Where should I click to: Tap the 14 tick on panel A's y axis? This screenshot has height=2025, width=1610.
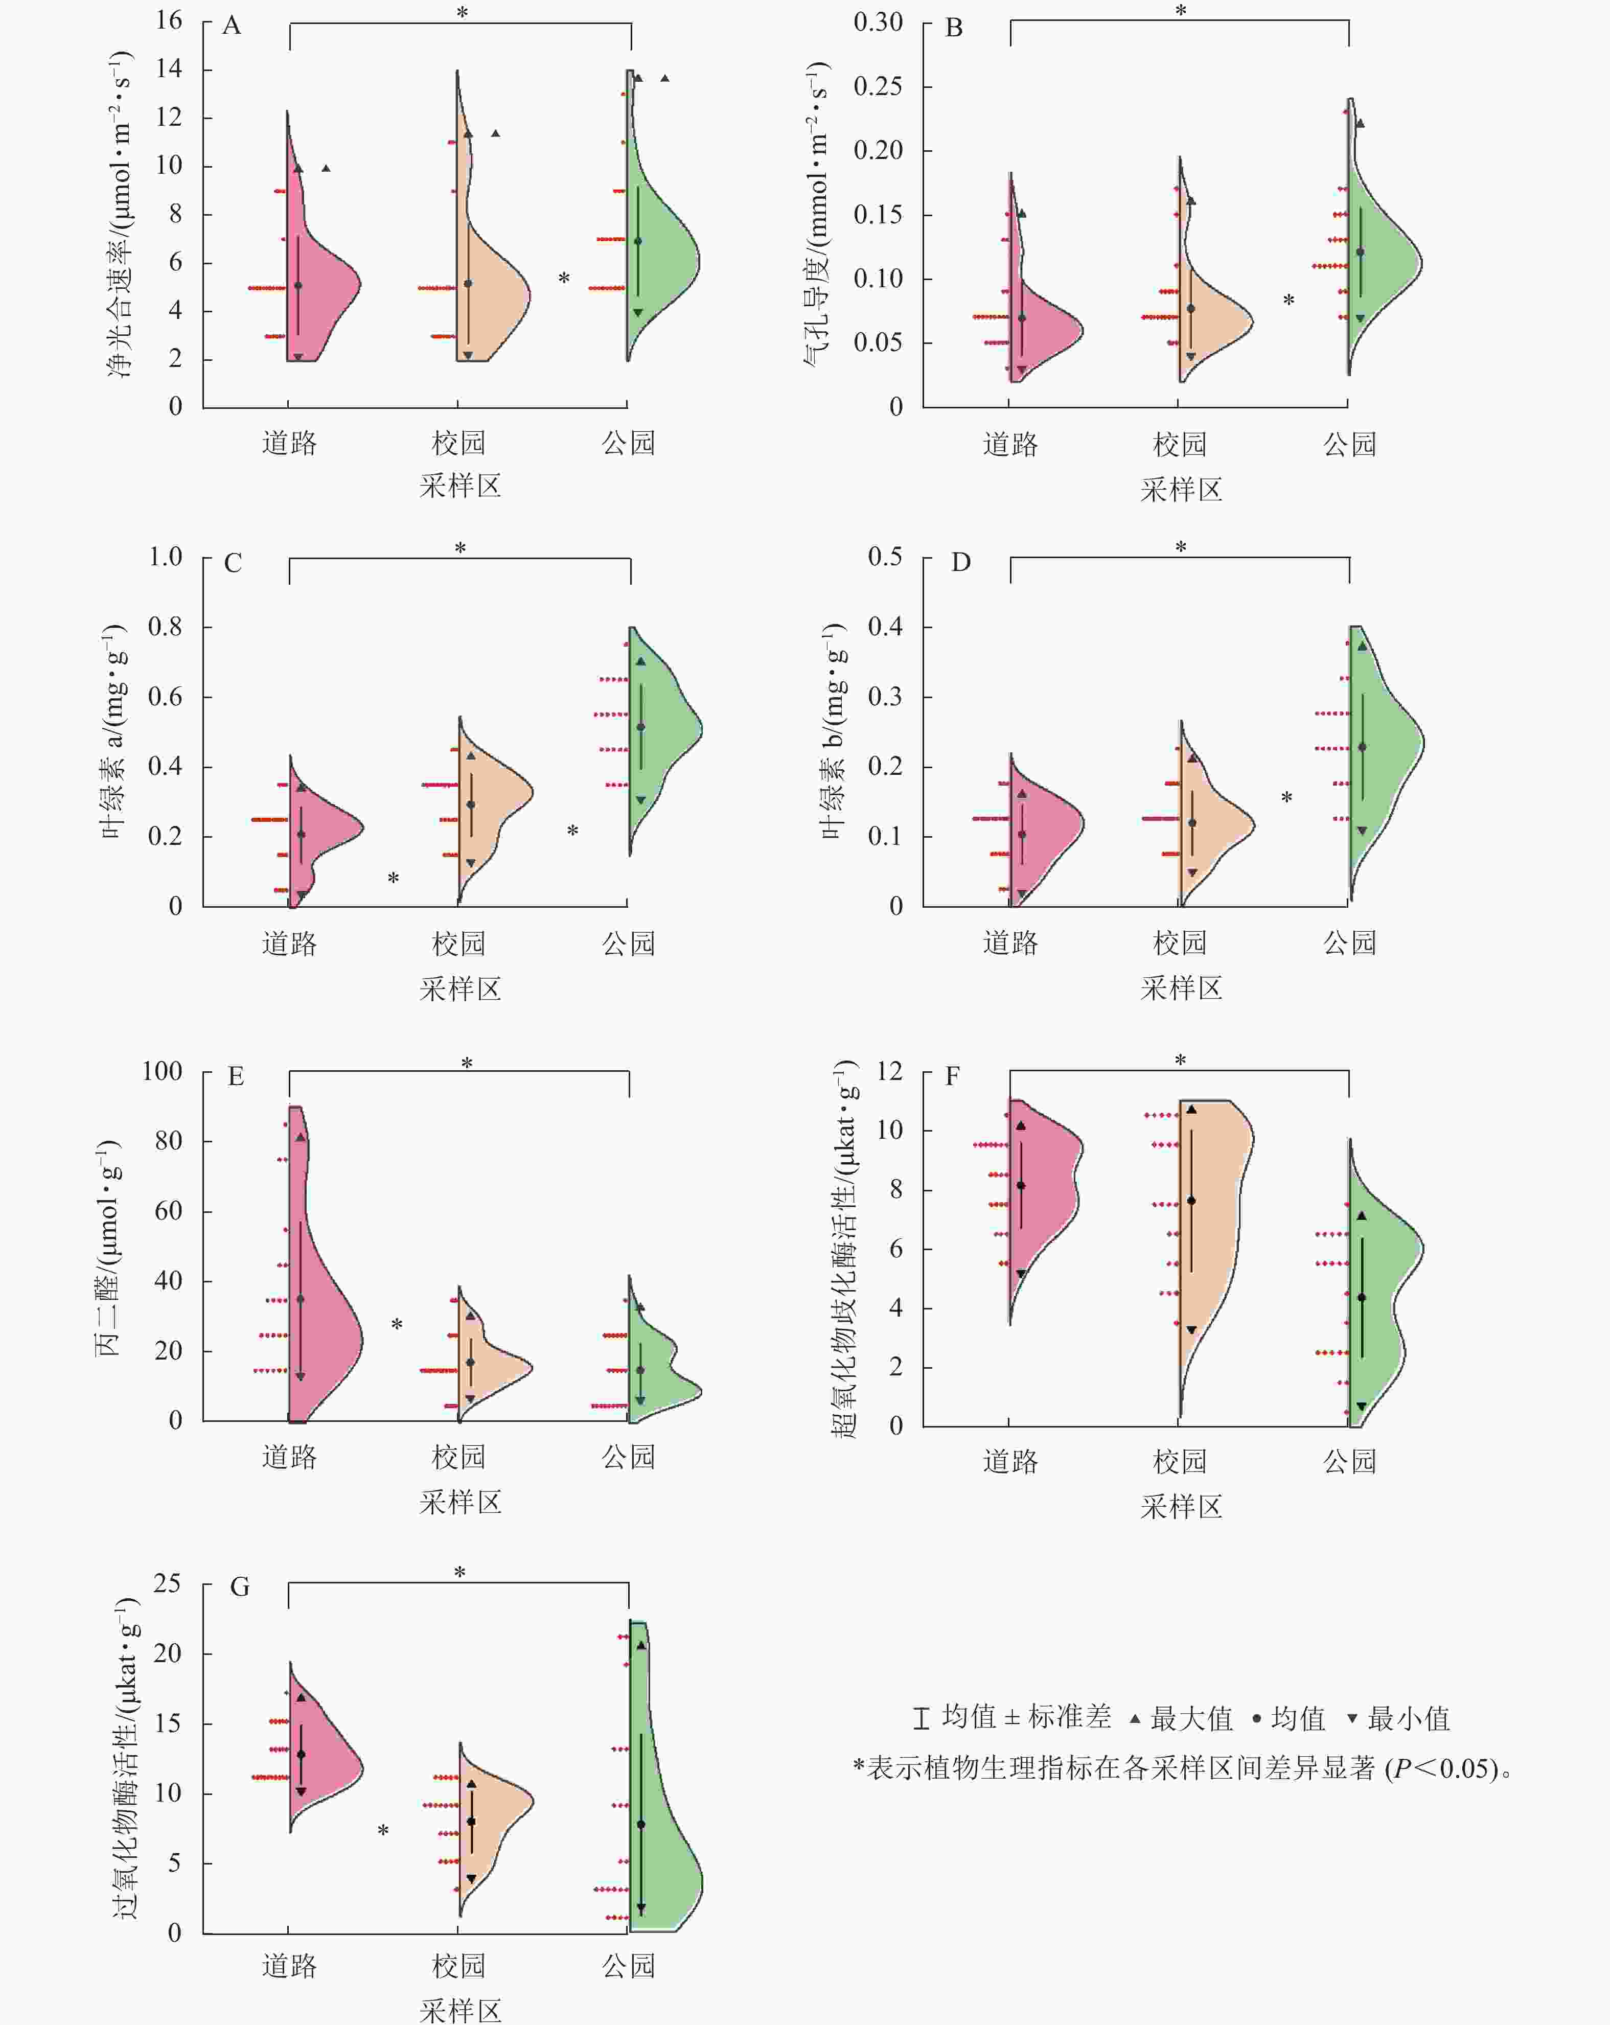[169, 68]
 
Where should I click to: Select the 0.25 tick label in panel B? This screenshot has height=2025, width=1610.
[878, 86]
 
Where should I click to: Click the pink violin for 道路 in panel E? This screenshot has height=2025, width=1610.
[319, 1315]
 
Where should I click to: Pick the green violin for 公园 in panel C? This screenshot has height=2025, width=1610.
[662, 732]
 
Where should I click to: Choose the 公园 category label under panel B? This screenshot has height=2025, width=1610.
[1350, 444]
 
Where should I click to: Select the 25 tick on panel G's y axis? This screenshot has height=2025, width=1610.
[167, 1583]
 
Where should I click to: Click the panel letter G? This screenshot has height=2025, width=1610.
[240, 1587]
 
